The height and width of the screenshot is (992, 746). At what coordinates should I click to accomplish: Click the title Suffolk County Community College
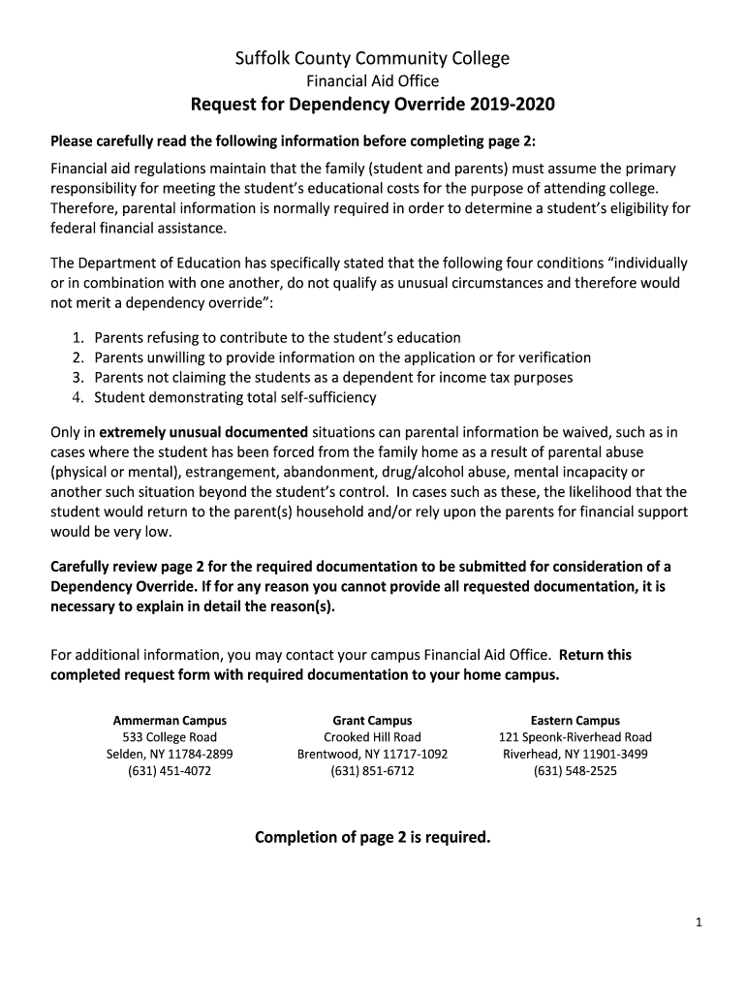(x=373, y=59)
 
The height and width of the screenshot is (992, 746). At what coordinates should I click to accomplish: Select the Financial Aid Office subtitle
(x=373, y=81)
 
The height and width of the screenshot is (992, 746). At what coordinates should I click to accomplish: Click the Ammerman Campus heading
(x=170, y=721)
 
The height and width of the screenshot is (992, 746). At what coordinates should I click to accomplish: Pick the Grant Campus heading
(x=372, y=721)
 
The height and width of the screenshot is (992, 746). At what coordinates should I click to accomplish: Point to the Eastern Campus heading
(x=575, y=721)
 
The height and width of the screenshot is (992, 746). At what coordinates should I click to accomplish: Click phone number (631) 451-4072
(x=170, y=771)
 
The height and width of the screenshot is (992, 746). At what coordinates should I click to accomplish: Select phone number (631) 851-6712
(x=372, y=771)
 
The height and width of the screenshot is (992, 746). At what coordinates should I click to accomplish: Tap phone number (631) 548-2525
(x=575, y=771)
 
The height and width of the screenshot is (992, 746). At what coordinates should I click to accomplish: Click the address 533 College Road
(x=170, y=737)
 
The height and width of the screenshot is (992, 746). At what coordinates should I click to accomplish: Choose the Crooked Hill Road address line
(x=372, y=737)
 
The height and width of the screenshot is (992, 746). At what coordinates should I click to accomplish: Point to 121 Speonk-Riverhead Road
(x=575, y=737)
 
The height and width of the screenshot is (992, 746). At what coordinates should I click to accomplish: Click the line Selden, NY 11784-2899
(x=170, y=754)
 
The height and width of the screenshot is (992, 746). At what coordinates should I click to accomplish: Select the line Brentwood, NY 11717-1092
(x=372, y=754)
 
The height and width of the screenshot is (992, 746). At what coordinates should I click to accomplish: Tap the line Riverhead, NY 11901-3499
(x=575, y=754)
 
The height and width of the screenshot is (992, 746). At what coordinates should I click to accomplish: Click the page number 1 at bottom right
(x=698, y=923)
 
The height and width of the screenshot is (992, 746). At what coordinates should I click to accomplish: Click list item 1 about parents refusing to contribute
(x=277, y=337)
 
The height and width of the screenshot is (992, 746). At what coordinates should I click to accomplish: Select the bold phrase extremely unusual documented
(x=203, y=432)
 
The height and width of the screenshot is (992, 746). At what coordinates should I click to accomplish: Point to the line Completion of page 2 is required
(x=373, y=837)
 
